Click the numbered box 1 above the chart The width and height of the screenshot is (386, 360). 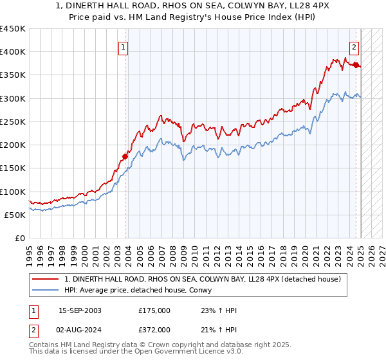coord(122,46)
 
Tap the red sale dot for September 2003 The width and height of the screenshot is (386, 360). coord(125,156)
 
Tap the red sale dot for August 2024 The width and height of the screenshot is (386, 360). coord(356,64)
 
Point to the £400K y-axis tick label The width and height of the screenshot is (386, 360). coord(13,52)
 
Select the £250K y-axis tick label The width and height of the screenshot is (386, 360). coord(13,122)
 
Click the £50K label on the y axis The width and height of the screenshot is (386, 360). coord(15,215)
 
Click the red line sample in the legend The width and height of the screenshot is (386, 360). coord(46,279)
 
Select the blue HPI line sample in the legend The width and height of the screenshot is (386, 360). coord(46,291)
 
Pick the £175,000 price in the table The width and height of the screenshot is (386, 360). coord(154,310)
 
